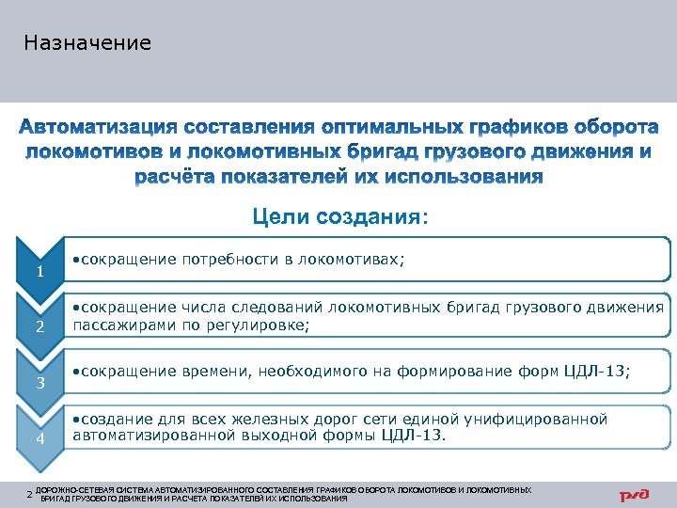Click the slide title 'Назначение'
[x=87, y=43]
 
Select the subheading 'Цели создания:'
[x=338, y=218]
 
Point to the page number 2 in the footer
[x=29, y=494]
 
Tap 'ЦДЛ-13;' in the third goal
[x=596, y=372]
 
